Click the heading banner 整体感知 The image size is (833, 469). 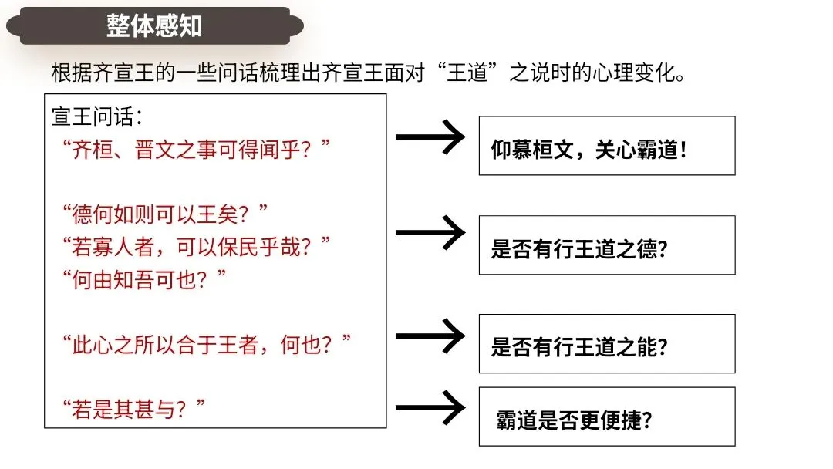[x=154, y=25]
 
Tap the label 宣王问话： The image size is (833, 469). [x=97, y=117]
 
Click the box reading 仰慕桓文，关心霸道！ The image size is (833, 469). [x=606, y=146]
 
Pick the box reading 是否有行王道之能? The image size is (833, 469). [x=606, y=344]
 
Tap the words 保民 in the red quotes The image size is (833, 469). [x=243, y=246]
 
